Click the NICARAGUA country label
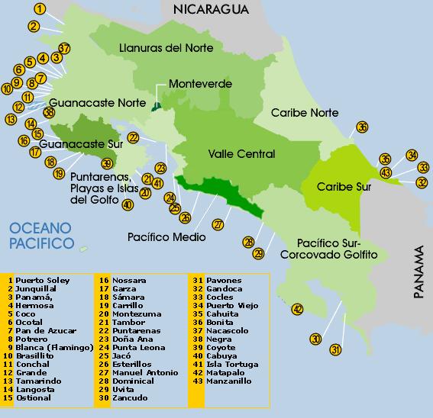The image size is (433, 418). pos(212,9)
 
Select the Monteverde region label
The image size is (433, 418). pos(200,83)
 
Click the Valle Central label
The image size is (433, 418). pos(241,154)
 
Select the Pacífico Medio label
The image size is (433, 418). pos(166,237)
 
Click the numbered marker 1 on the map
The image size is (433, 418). pos(40,9)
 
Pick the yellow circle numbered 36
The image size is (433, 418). pos(362,127)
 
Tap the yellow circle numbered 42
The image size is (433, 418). pos(297,309)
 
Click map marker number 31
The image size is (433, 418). pos(335,350)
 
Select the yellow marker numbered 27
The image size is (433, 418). pos(218,224)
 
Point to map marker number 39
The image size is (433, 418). pos(107,163)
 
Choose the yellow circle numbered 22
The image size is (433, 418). pos(133,137)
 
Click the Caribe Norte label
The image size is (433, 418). pos(305,113)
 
